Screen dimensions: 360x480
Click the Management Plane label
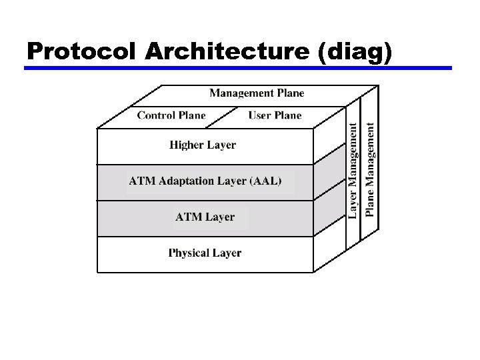pos(257,93)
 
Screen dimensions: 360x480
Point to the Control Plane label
pos(171,115)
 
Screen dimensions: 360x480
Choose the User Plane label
pos(275,115)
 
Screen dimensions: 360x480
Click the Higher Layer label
pos(203,145)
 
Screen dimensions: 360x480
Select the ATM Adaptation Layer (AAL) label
pos(205,181)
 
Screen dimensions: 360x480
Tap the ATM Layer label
pos(205,217)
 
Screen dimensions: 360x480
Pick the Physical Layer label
pos(205,253)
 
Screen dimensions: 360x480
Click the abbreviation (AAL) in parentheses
pos(265,181)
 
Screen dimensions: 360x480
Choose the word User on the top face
pos(259,115)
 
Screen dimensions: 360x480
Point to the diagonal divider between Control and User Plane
pos(225,117)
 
